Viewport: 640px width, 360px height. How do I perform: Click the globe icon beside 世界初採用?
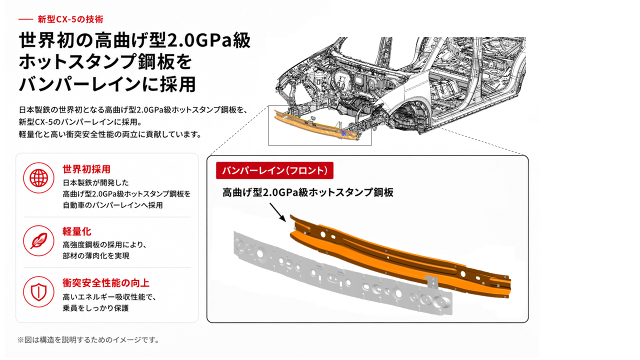pyautogui.click(x=38, y=178)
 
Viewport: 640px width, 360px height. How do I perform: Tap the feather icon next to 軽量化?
pyautogui.click(x=38, y=240)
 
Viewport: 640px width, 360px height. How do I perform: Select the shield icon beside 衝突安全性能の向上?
pyautogui.click(x=38, y=291)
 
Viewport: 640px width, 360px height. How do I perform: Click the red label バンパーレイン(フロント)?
pyautogui.click(x=274, y=170)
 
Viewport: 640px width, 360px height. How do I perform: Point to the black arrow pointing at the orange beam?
pyautogui.click(x=277, y=212)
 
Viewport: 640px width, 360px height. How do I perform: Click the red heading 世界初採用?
pyautogui.click(x=86, y=169)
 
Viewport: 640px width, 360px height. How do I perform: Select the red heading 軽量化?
pyautogui.click(x=77, y=231)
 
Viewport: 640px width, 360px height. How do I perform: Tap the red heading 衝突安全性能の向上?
pyautogui.click(x=106, y=283)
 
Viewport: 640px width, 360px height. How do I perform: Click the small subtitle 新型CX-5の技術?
pyautogui.click(x=70, y=19)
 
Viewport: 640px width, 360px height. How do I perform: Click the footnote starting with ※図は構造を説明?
pyautogui.click(x=88, y=340)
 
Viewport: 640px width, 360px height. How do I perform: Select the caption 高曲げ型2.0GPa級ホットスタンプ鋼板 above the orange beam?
pyautogui.click(x=308, y=192)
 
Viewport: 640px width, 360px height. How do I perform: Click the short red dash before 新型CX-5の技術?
pyautogui.click(x=25, y=19)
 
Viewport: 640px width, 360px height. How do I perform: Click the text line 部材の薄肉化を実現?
pyautogui.click(x=96, y=255)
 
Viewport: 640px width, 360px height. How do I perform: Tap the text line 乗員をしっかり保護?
pyautogui.click(x=95, y=308)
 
